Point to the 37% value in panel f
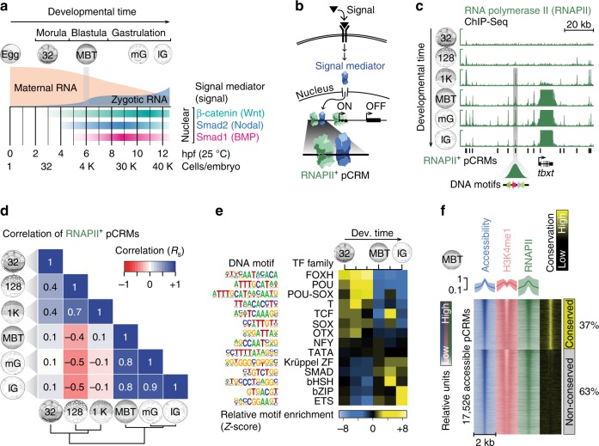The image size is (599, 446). point(587,321)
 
